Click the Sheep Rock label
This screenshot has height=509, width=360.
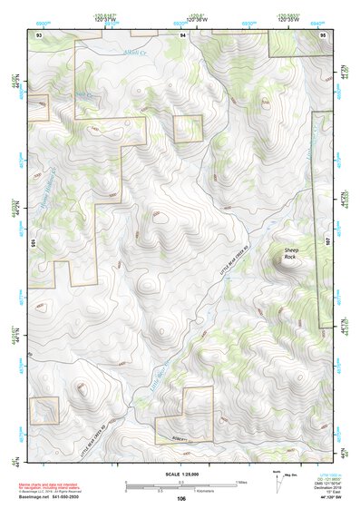pos(290,253)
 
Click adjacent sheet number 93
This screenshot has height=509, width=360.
pos(39,34)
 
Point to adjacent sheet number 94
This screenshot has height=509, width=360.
pos(182,34)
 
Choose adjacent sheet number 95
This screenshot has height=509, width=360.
pos(323,34)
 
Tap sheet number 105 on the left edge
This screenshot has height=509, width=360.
pos(32,243)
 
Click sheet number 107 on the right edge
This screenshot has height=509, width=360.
pos(329,243)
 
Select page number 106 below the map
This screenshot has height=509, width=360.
pos(181,499)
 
